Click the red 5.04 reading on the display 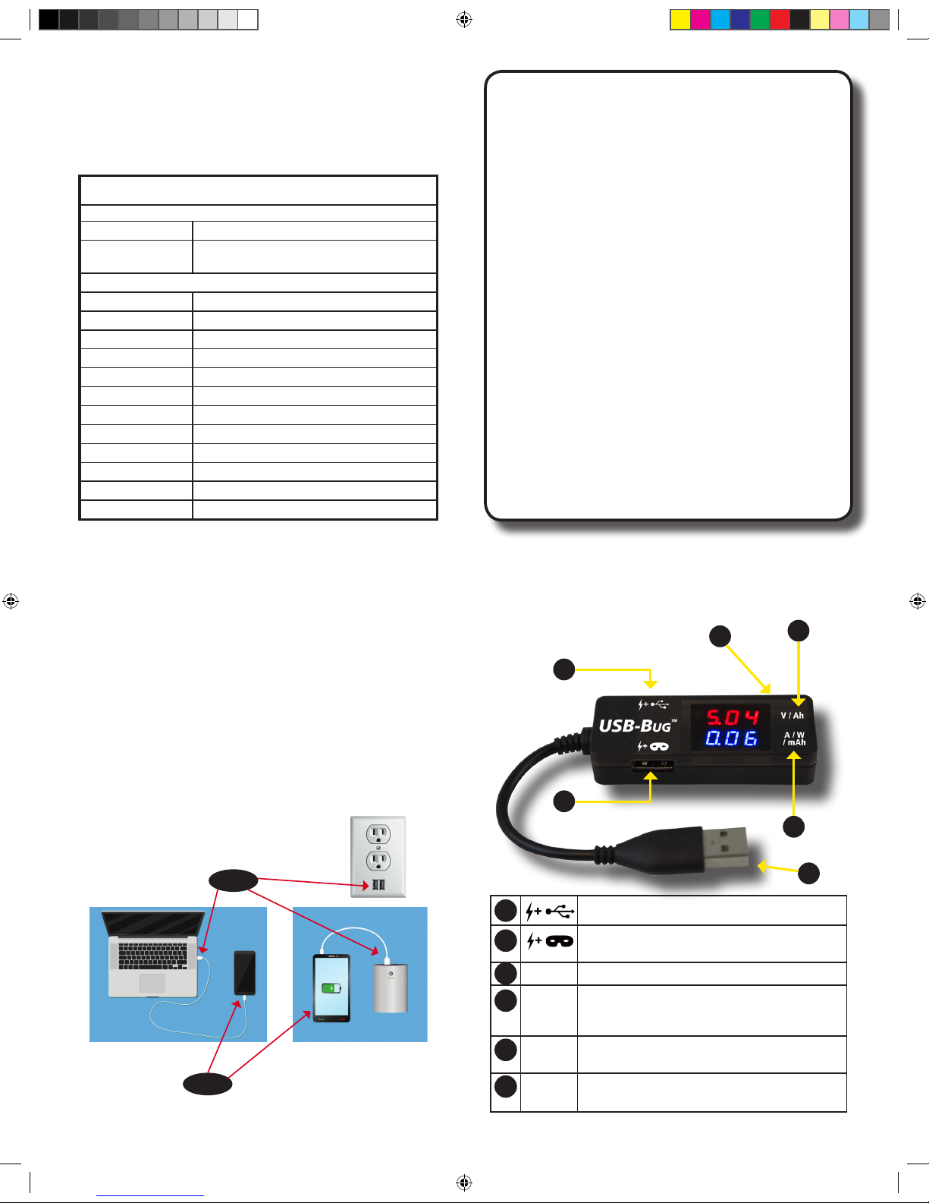732,717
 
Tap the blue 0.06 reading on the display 731,738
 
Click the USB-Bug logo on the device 636,726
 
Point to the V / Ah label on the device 792,716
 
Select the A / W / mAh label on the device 794,738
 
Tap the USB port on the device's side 651,765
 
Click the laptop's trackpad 152,984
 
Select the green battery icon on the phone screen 331,988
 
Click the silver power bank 391,987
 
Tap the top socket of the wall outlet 378,835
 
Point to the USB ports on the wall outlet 378,885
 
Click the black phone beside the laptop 244,973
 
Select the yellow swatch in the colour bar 680,20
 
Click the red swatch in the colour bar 780,20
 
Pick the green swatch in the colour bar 759,20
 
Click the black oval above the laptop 234,880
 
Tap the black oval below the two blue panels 207,1084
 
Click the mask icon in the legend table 559,941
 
